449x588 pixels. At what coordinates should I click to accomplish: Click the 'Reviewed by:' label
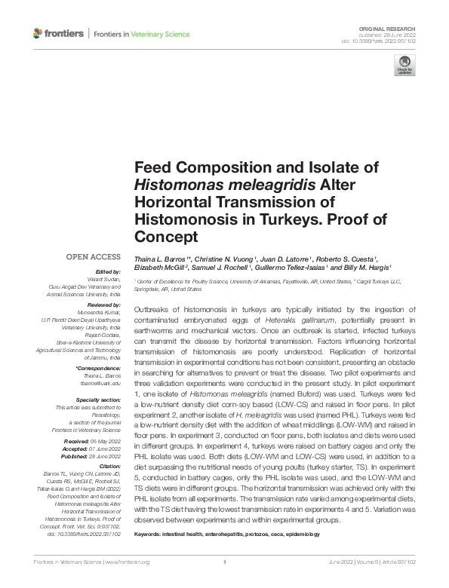104,304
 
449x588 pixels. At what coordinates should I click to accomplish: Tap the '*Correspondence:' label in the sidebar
100,367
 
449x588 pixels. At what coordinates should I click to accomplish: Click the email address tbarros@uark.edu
101,383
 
